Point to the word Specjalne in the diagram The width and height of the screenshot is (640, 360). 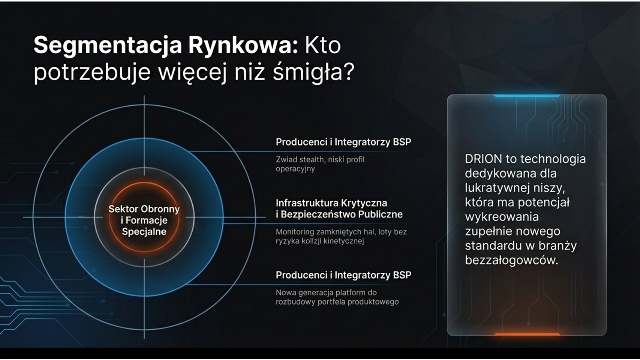point(144,231)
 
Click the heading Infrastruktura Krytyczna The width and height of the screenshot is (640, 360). point(331,203)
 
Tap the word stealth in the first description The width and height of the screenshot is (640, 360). point(312,159)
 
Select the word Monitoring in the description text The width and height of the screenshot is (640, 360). point(294,232)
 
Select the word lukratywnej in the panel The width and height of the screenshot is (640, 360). point(497,188)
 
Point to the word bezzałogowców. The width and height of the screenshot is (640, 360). point(511,260)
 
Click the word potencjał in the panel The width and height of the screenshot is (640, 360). point(544,202)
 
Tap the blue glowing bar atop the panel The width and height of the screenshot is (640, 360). point(527,96)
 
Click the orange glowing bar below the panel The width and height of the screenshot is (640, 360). point(527,334)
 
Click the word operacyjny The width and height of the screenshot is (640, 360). point(295,169)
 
